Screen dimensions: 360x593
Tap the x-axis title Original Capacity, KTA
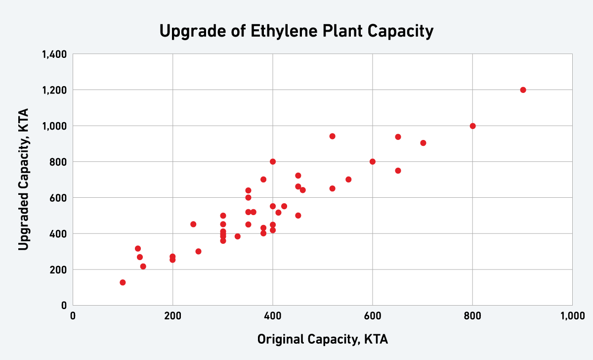[x=322, y=340]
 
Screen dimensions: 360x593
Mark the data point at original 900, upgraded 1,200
[x=523, y=90]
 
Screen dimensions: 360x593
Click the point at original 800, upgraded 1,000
[x=472, y=126]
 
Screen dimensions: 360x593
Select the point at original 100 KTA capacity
[x=123, y=282]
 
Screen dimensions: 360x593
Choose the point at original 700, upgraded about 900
[x=423, y=143]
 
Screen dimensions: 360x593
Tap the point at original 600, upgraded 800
[x=373, y=162]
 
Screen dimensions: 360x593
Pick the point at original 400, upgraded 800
[x=273, y=162]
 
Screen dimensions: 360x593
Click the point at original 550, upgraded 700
[x=348, y=180]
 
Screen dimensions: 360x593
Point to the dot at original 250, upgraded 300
[x=198, y=251]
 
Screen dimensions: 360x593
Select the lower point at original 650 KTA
[x=398, y=171]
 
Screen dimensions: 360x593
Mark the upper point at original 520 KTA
[x=332, y=136]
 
